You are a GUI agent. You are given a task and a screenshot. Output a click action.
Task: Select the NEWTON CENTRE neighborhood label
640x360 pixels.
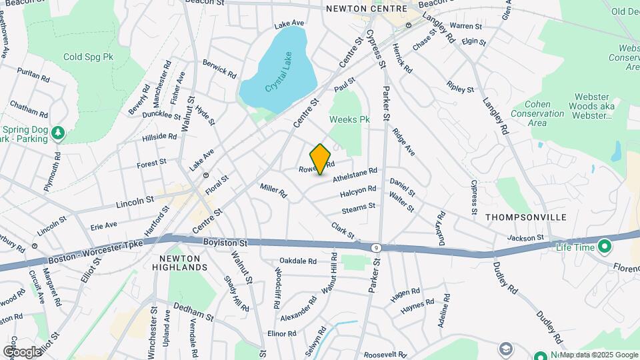coord(366,9)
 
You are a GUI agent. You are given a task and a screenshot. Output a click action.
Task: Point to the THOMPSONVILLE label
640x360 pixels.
coord(526,217)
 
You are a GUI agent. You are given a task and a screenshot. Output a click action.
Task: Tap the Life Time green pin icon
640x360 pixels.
coord(605,247)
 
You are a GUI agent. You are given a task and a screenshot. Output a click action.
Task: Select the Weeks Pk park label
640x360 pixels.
coord(349,119)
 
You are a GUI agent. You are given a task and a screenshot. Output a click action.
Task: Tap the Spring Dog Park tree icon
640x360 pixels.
coord(59,133)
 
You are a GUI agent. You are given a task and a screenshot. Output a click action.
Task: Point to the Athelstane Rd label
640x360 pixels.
coord(355,175)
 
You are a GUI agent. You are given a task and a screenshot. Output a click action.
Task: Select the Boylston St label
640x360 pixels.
coord(226,243)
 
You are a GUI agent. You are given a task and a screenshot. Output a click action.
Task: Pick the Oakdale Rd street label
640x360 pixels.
coord(297,261)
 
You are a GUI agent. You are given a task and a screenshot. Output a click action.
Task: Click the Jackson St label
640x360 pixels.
coord(525,237)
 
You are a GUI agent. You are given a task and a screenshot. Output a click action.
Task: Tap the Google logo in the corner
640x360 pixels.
coord(21,351)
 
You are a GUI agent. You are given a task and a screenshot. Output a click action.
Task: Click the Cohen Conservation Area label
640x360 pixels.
coord(537,114)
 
